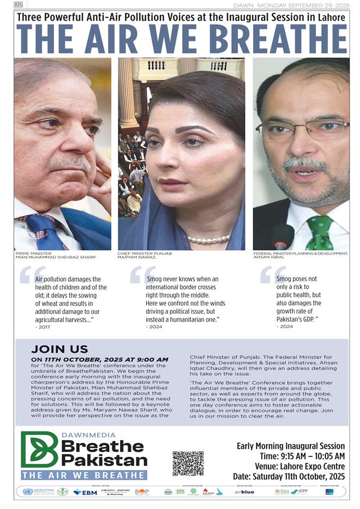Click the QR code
(188, 463)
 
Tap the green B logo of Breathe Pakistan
(39, 449)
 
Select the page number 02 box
(19, 5)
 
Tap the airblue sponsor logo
(244, 492)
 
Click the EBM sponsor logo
(85, 492)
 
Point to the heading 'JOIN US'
(52, 349)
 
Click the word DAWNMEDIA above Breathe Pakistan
(89, 435)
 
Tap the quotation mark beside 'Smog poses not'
(265, 276)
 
